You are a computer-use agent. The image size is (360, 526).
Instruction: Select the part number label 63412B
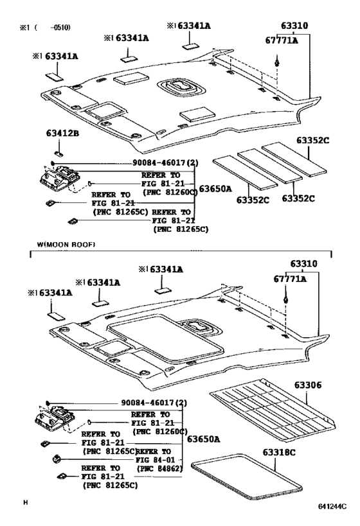coord(62,134)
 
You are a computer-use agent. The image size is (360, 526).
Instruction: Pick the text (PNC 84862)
coord(159,469)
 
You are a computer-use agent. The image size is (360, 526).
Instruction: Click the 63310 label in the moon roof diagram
coord(303,265)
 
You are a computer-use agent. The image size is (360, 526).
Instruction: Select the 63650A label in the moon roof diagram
coord(203,439)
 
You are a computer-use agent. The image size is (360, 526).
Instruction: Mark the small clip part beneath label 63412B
coord(57,153)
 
